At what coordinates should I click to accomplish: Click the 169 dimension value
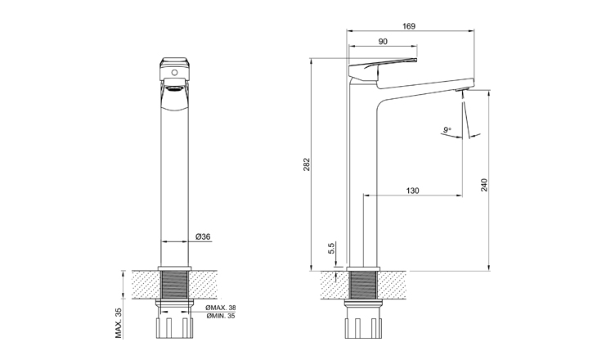[409, 26]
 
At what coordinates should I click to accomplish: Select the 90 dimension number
[383, 42]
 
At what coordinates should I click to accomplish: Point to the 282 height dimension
[307, 164]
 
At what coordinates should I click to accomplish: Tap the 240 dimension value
[484, 185]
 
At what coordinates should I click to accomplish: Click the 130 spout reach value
[413, 191]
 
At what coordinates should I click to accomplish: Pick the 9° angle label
[447, 130]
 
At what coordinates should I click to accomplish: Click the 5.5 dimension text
[331, 248]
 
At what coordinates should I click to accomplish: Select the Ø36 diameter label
[203, 236]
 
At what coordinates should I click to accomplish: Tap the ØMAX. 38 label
[221, 308]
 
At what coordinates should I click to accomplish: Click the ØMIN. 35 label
[221, 316]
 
